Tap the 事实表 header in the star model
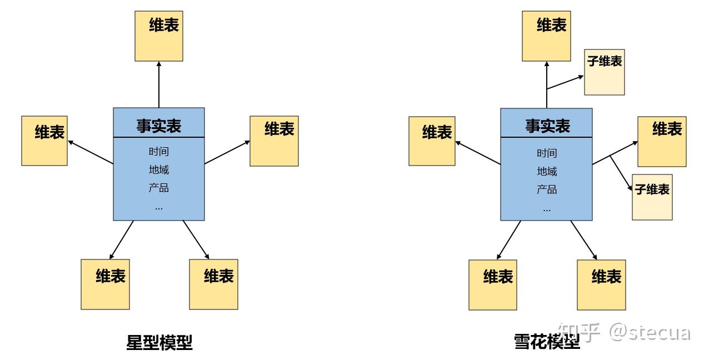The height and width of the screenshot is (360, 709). pos(159,126)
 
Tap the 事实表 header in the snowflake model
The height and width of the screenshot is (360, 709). pos(547,126)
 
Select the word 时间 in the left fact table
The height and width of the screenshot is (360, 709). pos(159,152)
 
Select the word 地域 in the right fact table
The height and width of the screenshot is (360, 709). pos(547,171)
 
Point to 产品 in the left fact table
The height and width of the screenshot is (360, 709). pos(159,188)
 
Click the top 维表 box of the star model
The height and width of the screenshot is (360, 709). pos(159,36)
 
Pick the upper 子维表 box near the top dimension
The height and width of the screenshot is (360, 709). pos(605,72)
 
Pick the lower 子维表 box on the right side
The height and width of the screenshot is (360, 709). pos(652,197)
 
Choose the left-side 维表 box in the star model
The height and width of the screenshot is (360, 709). pos(44,141)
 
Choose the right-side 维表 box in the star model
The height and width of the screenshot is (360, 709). pos(274,141)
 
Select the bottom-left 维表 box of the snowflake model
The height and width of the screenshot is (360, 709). pos(493,284)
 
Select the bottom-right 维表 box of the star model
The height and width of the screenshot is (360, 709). pos(213,284)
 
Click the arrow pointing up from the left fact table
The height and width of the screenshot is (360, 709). pos(159,83)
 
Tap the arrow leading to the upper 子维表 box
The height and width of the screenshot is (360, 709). pos(565,82)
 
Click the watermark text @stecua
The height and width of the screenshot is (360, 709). pos(650,333)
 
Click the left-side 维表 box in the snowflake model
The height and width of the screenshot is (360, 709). pos(432,141)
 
